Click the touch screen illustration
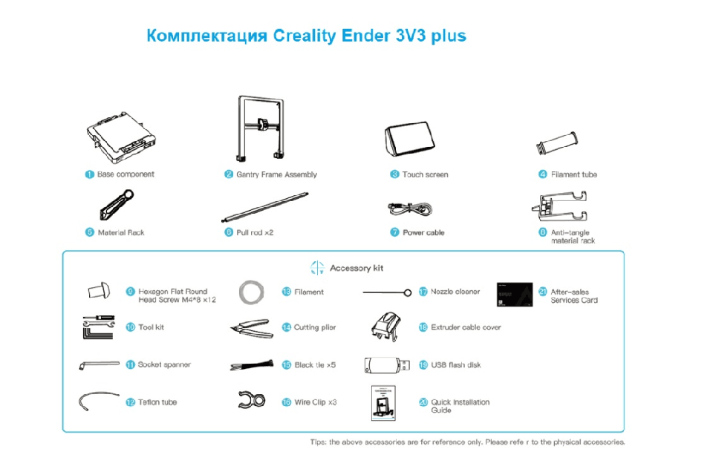pyautogui.click(x=409, y=139)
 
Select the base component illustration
pyautogui.click(x=121, y=138)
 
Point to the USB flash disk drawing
pyautogui.click(x=387, y=365)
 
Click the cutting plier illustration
pyautogui.click(x=252, y=328)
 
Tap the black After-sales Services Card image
pyautogui.click(x=514, y=294)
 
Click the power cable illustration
pyautogui.click(x=410, y=209)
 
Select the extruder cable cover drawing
pyautogui.click(x=385, y=327)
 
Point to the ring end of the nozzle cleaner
pyautogui.click(x=408, y=292)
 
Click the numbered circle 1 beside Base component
pyautogui.click(x=89, y=174)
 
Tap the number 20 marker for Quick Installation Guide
pyautogui.click(x=423, y=402)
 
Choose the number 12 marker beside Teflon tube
pyautogui.click(x=131, y=402)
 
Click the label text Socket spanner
pyautogui.click(x=164, y=364)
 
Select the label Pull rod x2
pyautogui.click(x=255, y=233)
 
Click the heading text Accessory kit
pyautogui.click(x=356, y=268)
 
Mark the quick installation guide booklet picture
pyautogui.click(x=383, y=403)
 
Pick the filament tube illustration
pyautogui.click(x=557, y=143)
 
